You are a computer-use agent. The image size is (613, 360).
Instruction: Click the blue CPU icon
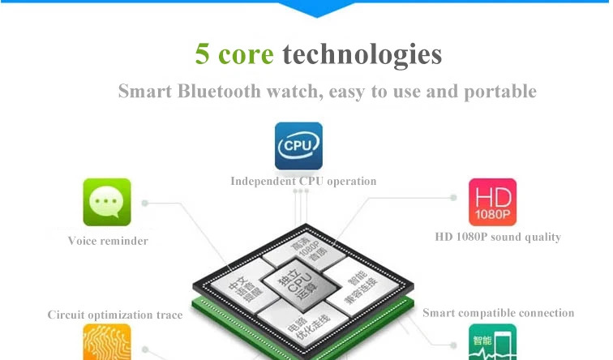(298, 146)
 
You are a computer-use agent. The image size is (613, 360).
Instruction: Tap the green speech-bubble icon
(107, 202)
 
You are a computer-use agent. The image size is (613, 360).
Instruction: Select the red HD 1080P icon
(492, 202)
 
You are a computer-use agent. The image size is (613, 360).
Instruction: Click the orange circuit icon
(107, 343)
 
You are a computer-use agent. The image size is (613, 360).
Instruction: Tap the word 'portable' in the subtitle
(499, 91)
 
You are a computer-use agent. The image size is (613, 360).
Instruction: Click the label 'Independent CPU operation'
(303, 181)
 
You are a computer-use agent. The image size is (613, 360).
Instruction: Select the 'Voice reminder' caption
(108, 241)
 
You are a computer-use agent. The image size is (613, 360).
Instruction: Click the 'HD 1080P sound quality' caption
(498, 238)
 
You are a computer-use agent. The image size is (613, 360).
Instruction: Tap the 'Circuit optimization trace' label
(115, 315)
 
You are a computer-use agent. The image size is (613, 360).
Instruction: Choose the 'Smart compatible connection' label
(498, 313)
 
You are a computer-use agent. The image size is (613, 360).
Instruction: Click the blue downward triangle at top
(316, 8)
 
